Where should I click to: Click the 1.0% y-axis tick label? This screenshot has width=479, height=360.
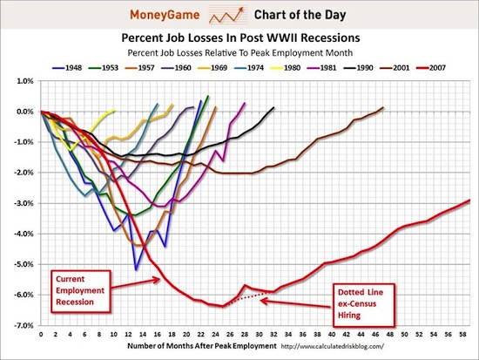24,81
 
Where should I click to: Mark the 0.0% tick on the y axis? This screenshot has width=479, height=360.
24,112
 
